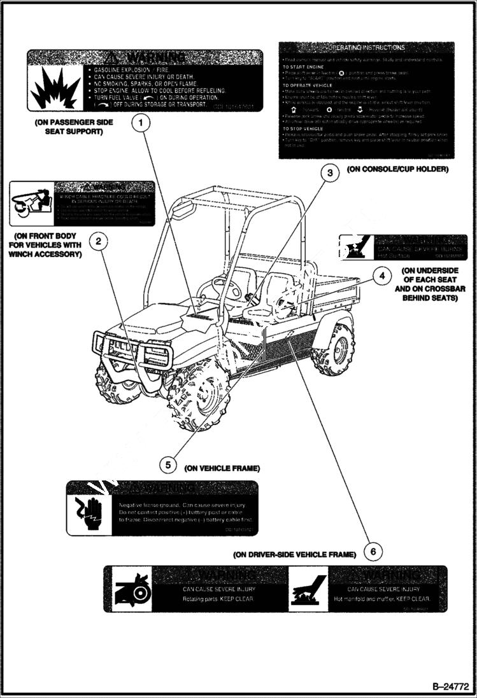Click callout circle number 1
(x=141, y=122)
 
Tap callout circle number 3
(x=329, y=173)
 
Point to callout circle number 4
(x=381, y=276)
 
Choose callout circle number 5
(x=167, y=465)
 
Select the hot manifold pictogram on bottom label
(x=308, y=589)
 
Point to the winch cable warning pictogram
(x=31, y=204)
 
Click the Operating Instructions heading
(x=366, y=48)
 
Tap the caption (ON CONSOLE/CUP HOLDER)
(x=397, y=169)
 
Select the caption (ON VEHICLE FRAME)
(x=222, y=468)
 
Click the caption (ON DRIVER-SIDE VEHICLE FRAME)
(x=294, y=554)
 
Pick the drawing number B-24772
(x=450, y=687)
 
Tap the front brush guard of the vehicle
(x=118, y=356)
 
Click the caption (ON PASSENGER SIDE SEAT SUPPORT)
(x=69, y=127)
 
